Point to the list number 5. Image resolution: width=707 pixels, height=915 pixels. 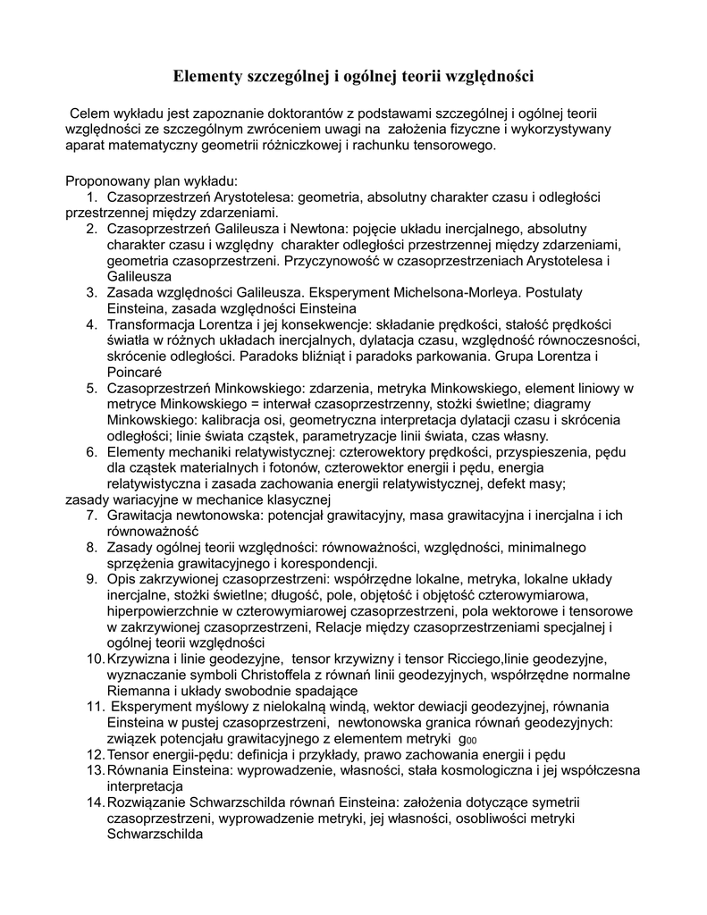tap(91, 388)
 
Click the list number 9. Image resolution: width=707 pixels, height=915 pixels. tap(91, 579)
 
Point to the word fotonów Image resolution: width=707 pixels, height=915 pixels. tap(272, 467)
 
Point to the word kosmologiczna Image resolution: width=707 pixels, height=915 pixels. tap(403, 770)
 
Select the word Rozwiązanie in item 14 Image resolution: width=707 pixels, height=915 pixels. tap(146, 802)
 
